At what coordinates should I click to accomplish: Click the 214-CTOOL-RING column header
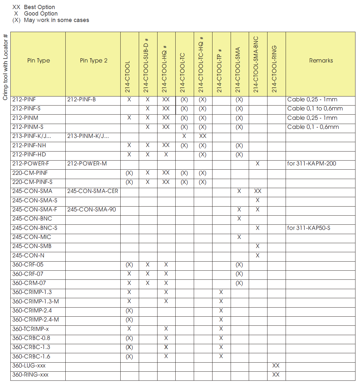pyautogui.click(x=274, y=69)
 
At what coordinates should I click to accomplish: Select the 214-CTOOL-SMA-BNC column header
pyautogui.click(x=256, y=64)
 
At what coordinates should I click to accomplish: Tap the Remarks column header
pyautogui.click(x=321, y=61)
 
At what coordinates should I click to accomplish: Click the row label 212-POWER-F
pyautogui.click(x=31, y=164)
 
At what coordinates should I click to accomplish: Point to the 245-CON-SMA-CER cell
pyautogui.click(x=93, y=191)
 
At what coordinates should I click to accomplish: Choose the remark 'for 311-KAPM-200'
pyautogui.click(x=311, y=164)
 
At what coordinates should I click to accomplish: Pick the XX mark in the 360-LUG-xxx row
pyautogui.click(x=276, y=366)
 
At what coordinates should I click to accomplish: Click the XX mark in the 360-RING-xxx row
pyautogui.click(x=276, y=375)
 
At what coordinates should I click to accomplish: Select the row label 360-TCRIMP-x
pyautogui.click(x=30, y=329)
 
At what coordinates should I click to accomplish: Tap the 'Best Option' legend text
pyautogui.click(x=39, y=7)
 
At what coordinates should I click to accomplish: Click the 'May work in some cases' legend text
pyautogui.click(x=56, y=20)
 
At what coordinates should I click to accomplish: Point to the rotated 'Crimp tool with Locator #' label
pyautogui.click(x=5, y=67)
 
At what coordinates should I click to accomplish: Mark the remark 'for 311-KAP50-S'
pyautogui.click(x=309, y=228)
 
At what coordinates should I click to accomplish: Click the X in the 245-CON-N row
pyautogui.click(x=257, y=255)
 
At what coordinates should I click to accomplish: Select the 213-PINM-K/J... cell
pyautogui.click(x=88, y=136)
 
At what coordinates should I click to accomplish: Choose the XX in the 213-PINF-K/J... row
pyautogui.click(x=202, y=136)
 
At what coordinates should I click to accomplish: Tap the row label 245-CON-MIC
pyautogui.click(x=32, y=237)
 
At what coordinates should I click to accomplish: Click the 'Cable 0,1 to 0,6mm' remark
pyautogui.click(x=315, y=108)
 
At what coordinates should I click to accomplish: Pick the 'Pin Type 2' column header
pyautogui.click(x=93, y=61)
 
